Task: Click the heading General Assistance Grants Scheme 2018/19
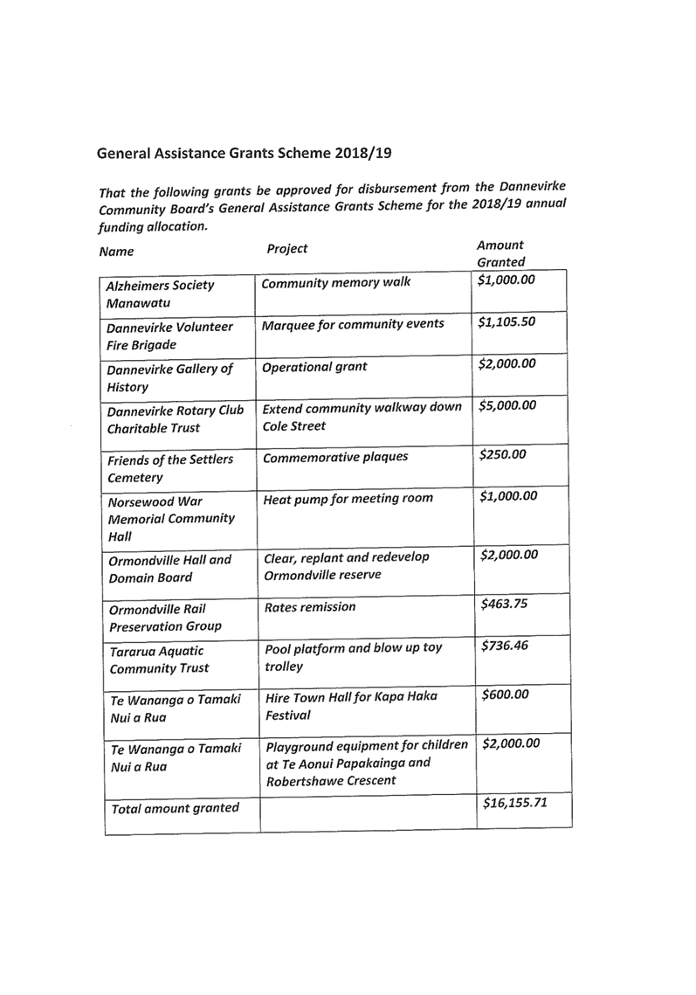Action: [x=244, y=154]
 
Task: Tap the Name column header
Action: [x=116, y=252]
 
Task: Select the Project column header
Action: [x=286, y=249]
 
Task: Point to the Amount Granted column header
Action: [x=500, y=253]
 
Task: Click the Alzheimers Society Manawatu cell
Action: [x=160, y=294]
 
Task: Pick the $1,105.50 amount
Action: [x=506, y=321]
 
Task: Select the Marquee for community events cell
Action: [x=353, y=324]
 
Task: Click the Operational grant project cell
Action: [x=314, y=367]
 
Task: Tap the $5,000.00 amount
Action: [x=507, y=405]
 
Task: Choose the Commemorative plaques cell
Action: [x=335, y=457]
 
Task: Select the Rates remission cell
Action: [x=310, y=607]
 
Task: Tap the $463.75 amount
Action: [x=504, y=604]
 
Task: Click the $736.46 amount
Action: [x=505, y=646]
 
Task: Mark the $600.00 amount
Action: [x=506, y=694]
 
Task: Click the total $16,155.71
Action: [x=515, y=802]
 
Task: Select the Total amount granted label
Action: [x=175, y=808]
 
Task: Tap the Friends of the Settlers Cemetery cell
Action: [x=170, y=469]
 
